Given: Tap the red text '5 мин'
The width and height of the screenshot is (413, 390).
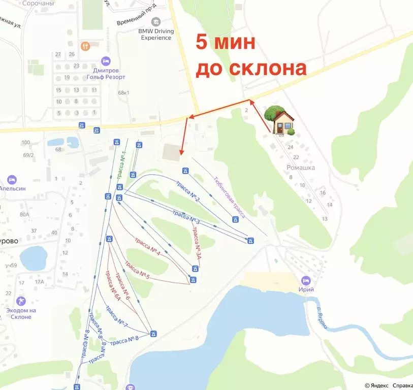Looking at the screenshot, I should tap(225, 43).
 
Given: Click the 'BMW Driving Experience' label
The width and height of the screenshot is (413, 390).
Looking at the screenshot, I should tap(156, 34).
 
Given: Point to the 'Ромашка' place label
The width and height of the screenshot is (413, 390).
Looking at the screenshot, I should tap(301, 168).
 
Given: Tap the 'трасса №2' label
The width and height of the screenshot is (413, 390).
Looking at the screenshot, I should tap(187, 189).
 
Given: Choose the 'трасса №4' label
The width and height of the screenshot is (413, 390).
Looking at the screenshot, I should tap(148, 246).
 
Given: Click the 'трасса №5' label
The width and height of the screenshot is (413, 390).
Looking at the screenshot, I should tap(137, 270).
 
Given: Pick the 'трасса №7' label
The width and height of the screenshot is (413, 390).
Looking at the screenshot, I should tap(116, 317).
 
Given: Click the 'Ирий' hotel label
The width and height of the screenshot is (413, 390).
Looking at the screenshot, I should tap(307, 289).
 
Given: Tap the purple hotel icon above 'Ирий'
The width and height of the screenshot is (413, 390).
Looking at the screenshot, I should tap(306, 280).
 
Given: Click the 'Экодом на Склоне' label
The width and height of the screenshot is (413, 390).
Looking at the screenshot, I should tap(21, 313).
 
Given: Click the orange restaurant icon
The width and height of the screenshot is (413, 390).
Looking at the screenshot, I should tap(85, 46).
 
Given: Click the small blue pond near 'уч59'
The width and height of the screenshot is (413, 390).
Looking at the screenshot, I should tap(34, 257).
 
